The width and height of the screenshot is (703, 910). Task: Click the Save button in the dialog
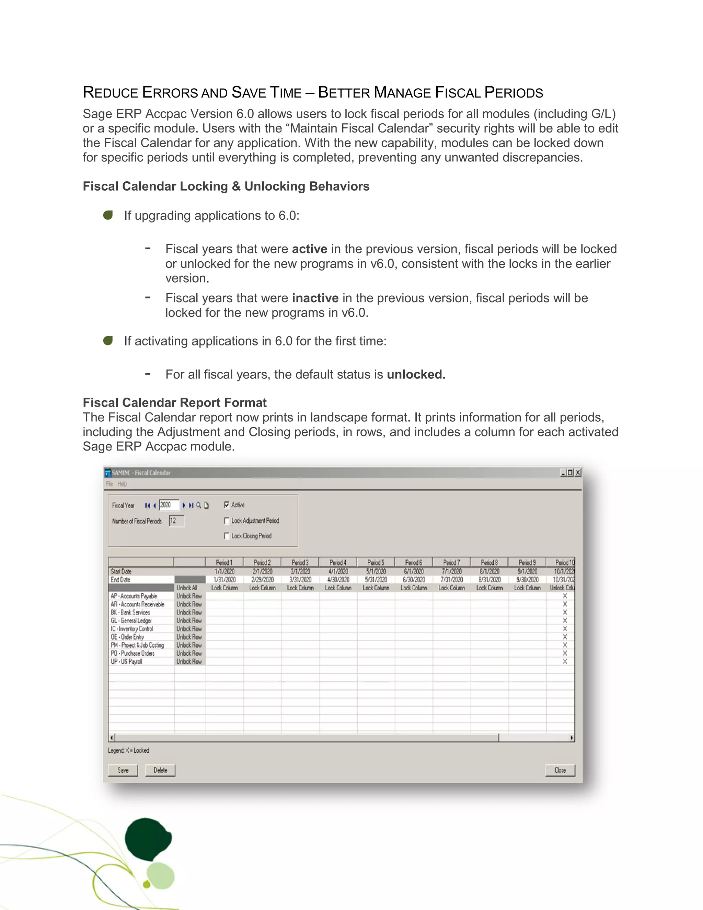coord(123,770)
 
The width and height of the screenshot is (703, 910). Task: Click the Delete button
coord(160,770)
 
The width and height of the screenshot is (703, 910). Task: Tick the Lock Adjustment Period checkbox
coord(227,520)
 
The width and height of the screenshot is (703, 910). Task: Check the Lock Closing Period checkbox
coord(227,536)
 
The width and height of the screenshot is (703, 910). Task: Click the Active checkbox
coord(227,505)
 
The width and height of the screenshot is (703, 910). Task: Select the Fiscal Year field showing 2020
coord(168,505)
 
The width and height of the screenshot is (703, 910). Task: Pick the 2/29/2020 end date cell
coord(262,580)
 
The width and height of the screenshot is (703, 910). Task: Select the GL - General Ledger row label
coord(131,621)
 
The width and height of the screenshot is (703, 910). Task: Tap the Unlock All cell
coord(187,588)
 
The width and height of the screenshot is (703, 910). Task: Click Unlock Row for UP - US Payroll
coord(189,661)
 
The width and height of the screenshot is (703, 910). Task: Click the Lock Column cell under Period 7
coord(451,588)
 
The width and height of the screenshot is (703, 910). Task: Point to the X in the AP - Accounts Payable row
coord(565,596)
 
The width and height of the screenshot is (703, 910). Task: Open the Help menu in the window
coord(122,484)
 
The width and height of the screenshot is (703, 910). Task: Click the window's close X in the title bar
coord(578,473)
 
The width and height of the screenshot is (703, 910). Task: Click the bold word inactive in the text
coord(315,298)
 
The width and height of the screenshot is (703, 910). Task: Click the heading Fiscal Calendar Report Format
coord(174,402)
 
